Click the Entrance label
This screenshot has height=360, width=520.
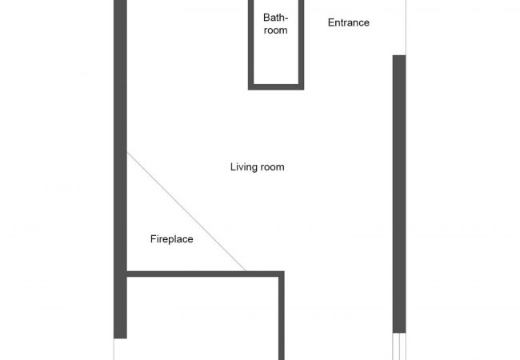(349, 22)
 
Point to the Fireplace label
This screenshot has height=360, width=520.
(171, 238)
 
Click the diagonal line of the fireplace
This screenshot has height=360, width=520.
(186, 211)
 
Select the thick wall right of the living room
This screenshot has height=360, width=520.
(398, 192)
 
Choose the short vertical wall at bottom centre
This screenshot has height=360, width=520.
(281, 320)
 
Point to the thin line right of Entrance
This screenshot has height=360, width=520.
(406, 24)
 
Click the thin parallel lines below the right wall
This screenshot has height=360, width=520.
(398, 346)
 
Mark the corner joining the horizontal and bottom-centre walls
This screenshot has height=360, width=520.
(281, 274)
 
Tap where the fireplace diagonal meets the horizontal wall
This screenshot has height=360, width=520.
(245, 271)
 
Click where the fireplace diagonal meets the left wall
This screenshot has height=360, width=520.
(127, 153)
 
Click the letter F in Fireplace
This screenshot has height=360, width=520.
(153, 238)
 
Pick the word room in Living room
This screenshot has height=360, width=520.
(272, 167)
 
